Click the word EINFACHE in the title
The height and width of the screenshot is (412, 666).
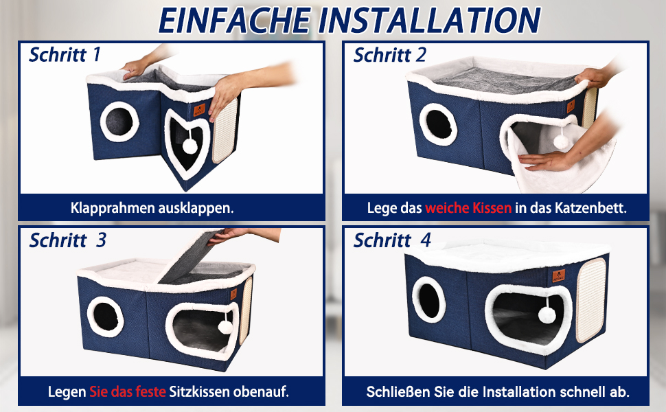(x=235, y=20)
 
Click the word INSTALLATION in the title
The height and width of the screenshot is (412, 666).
(x=429, y=20)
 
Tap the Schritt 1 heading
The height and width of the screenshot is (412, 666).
(x=65, y=55)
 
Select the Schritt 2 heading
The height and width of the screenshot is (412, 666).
(x=389, y=55)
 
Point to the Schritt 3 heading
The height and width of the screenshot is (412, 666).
(x=67, y=240)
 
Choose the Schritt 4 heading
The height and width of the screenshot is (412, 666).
(x=392, y=240)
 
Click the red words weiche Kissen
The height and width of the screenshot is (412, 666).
(x=468, y=208)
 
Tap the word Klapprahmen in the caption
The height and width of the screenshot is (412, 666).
(x=113, y=208)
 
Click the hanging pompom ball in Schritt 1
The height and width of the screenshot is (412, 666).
(x=190, y=146)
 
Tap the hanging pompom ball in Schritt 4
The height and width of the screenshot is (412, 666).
(x=547, y=314)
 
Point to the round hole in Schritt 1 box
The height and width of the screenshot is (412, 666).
(x=119, y=122)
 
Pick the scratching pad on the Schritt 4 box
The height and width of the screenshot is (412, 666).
(x=591, y=299)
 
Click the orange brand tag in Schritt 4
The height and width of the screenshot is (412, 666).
(x=558, y=276)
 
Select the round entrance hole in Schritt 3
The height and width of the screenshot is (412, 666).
(x=106, y=317)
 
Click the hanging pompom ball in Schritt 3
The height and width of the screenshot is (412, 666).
(x=225, y=327)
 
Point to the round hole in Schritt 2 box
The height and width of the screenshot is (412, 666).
(x=438, y=124)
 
